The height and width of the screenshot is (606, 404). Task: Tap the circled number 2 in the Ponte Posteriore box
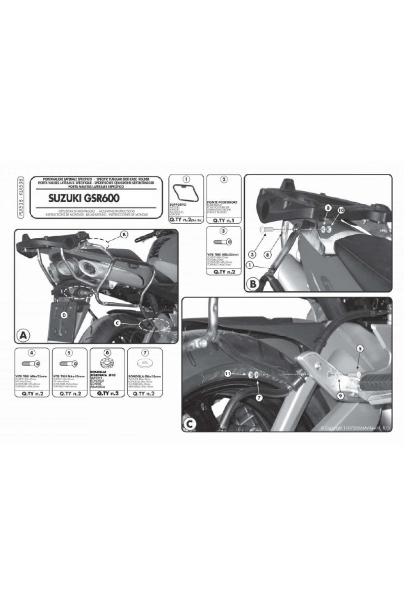pyautogui.click(x=224, y=179)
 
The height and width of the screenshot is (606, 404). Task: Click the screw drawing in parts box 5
pyautogui.click(x=69, y=363)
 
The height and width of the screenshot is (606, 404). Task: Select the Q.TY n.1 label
pyautogui.click(x=224, y=221)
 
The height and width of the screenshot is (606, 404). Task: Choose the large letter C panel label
pyautogui.click(x=189, y=425)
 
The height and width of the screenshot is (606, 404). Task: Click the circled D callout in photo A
pyautogui.click(x=64, y=315)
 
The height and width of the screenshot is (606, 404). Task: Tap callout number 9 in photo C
pyautogui.click(x=340, y=397)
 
